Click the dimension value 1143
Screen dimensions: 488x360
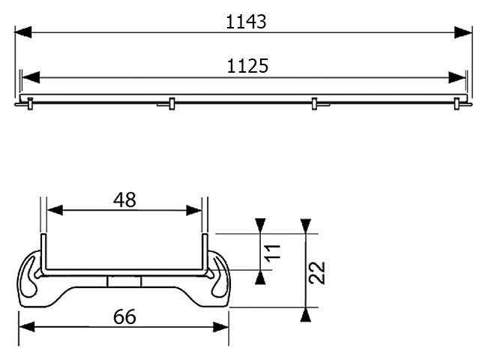[246, 22]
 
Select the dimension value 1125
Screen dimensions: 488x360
[247, 66]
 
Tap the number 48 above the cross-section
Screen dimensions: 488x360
[124, 200]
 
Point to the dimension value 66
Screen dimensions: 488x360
[124, 317]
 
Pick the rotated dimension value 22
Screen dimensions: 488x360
[317, 273]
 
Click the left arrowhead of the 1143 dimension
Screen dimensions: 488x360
[23, 32]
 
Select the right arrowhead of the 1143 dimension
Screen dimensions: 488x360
[463, 32]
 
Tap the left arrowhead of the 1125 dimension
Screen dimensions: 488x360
[31, 77]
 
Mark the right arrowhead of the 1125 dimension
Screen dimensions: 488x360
[457, 77]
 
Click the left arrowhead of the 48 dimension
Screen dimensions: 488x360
[55, 210]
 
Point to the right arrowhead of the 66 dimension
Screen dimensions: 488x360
[221, 327]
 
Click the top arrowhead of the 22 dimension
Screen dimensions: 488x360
[306, 226]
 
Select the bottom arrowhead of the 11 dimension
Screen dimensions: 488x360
[260, 277]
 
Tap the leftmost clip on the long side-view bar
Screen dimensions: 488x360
[30, 103]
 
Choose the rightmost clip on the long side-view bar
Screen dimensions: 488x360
[457, 103]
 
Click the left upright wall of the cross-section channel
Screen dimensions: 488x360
[44, 253]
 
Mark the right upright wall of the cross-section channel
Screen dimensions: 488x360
[205, 253]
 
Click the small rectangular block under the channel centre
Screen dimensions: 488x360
[124, 281]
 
